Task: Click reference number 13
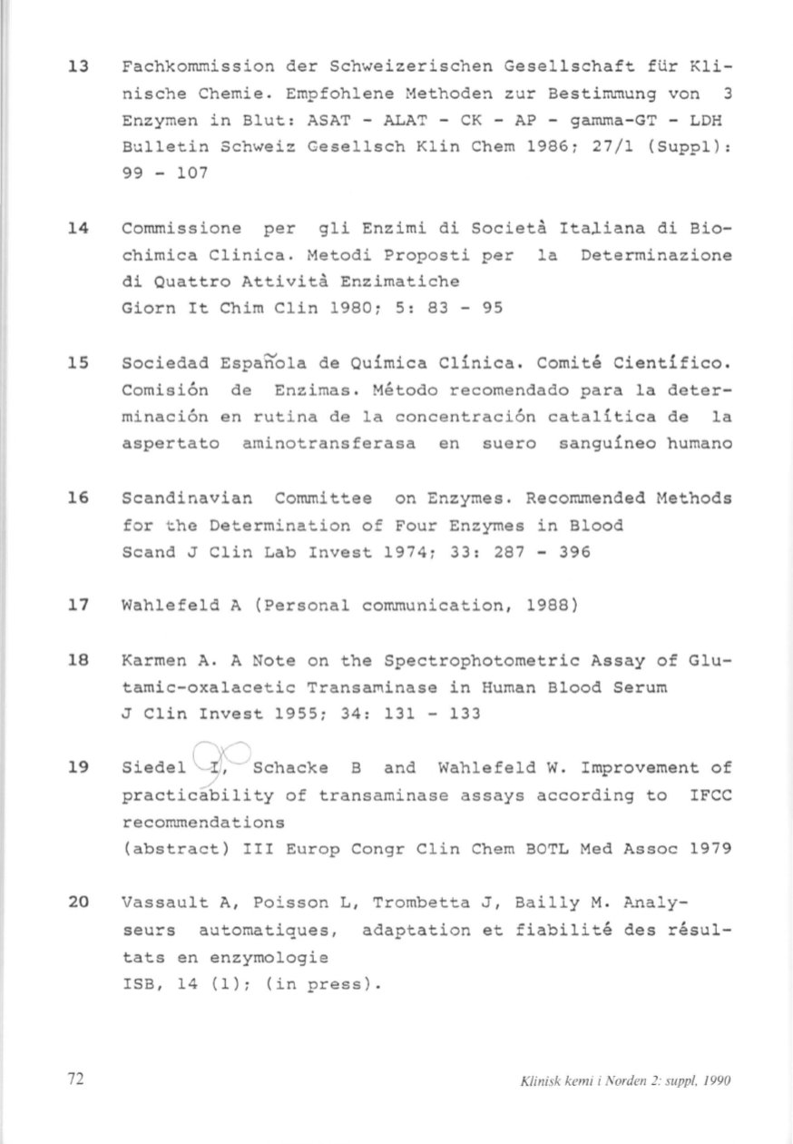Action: click(77, 67)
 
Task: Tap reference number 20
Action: click(77, 903)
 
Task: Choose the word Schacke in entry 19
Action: click(292, 770)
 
